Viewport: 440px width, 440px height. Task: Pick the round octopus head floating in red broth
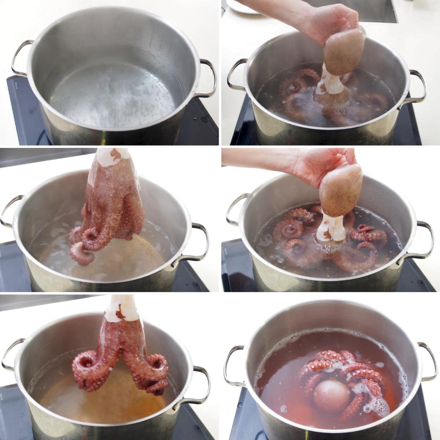tap(331, 395)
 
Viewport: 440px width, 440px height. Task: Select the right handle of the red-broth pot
tap(429, 361)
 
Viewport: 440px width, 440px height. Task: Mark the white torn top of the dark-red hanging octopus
tap(121, 308)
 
